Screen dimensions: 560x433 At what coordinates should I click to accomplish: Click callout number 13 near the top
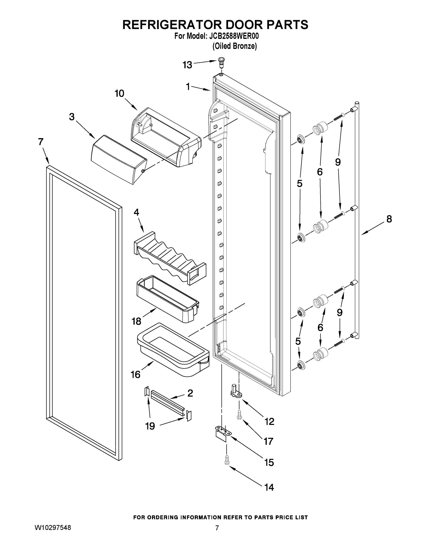pyautogui.click(x=187, y=65)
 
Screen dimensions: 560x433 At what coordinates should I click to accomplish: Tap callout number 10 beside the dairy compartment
pyautogui.click(x=119, y=94)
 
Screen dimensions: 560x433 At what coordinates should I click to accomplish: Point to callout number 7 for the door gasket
pyautogui.click(x=41, y=142)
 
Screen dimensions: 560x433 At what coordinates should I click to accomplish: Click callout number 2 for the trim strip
pyautogui.click(x=190, y=393)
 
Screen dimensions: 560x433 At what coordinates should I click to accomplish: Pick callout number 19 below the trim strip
pyautogui.click(x=150, y=426)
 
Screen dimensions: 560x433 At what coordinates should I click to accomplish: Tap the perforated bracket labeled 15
pyautogui.click(x=222, y=433)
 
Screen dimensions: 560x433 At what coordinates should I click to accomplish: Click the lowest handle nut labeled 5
pyautogui.click(x=301, y=365)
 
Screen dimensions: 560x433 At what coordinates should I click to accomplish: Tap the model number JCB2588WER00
pyautogui.click(x=234, y=36)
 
